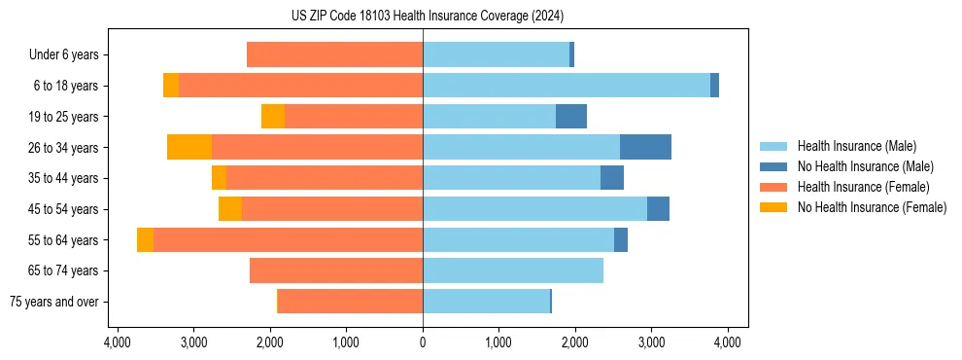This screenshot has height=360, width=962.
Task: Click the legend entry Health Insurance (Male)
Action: point(856,146)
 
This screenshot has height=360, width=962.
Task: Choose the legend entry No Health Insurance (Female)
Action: point(872,207)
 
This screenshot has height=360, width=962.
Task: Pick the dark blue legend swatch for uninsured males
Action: point(774,166)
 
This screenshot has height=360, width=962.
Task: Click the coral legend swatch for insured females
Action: point(774,187)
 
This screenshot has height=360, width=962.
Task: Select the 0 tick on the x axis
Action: point(423,342)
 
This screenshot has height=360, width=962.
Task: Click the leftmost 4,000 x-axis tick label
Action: point(117,342)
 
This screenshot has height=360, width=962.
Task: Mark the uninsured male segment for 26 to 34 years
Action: point(645,147)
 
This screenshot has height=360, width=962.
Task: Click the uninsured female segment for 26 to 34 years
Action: point(189,147)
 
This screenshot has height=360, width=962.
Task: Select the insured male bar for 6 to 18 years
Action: point(567,86)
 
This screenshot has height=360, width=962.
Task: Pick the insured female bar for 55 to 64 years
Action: point(288,240)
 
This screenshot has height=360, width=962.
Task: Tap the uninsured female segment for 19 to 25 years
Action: point(273,117)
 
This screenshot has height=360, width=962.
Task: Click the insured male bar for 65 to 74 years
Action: point(513,270)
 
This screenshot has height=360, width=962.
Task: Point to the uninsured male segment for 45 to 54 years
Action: point(658,209)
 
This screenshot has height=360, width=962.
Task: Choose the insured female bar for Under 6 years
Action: point(334,54)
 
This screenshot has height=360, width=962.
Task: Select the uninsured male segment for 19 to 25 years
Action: point(571,117)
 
